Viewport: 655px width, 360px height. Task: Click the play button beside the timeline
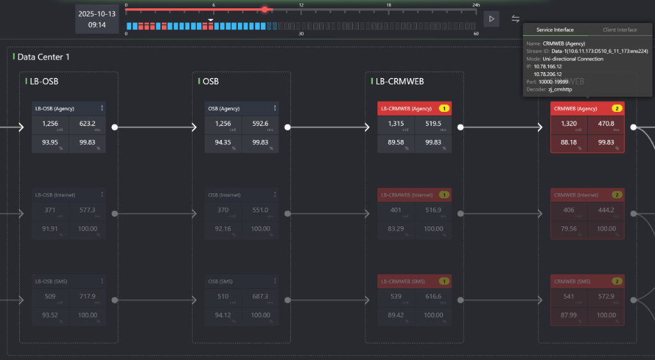[491, 19]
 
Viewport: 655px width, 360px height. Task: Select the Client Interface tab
[619, 30]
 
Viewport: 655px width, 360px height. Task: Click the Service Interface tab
[555, 30]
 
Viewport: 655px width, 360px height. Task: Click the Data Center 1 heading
[43, 57]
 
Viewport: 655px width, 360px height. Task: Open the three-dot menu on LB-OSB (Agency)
[102, 108]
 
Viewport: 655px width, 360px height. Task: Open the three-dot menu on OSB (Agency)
[274, 108]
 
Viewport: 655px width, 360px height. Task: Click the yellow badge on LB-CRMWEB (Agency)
[444, 109]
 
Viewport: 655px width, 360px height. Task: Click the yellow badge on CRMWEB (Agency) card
[617, 109]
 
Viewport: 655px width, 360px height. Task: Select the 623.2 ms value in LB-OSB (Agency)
[87, 124]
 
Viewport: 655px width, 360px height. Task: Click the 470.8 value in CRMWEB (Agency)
[605, 124]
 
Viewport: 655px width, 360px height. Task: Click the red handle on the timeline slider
[265, 10]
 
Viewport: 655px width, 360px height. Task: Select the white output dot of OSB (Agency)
[288, 127]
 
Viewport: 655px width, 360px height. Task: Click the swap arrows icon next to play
[516, 19]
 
